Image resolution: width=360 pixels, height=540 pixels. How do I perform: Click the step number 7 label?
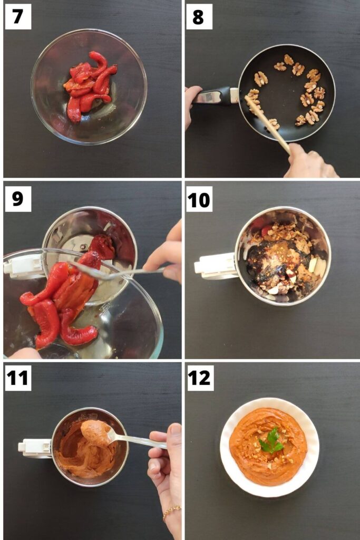18,16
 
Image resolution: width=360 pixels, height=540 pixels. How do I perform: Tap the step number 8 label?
199,16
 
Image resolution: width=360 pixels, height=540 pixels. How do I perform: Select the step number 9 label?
18,199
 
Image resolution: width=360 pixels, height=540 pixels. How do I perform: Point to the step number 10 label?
199,199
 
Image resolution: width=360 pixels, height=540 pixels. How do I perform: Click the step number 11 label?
18,378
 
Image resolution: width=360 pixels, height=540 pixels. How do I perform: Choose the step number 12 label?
199,378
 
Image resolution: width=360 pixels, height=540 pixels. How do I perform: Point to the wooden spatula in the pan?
267,124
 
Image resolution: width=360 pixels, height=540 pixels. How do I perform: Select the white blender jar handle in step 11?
36,448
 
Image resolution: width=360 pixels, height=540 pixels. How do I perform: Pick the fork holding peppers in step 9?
117,272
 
